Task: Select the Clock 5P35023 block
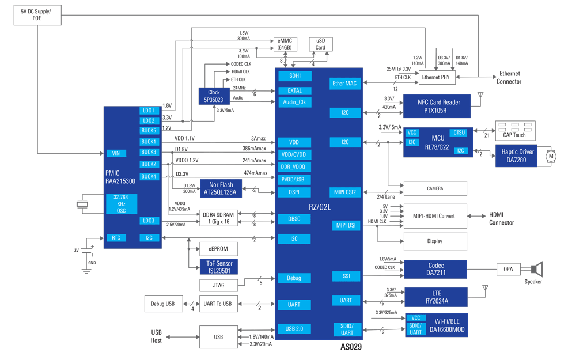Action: tap(214, 96)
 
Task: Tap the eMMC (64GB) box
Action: tap(285, 44)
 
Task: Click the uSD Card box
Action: tap(320, 44)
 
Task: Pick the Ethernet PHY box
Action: tap(435, 77)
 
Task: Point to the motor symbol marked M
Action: tap(550, 156)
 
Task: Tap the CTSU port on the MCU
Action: tap(459, 133)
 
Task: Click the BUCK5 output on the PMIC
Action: tap(149, 131)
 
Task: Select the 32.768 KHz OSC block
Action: tap(121, 204)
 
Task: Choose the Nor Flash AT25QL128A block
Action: tap(221, 189)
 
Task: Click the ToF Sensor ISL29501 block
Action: tap(219, 267)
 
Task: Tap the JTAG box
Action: tap(218, 285)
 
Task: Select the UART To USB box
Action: tap(218, 304)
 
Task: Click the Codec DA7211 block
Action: tap(435, 268)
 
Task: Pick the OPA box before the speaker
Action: tap(507, 269)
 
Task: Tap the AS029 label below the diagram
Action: tap(351, 347)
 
